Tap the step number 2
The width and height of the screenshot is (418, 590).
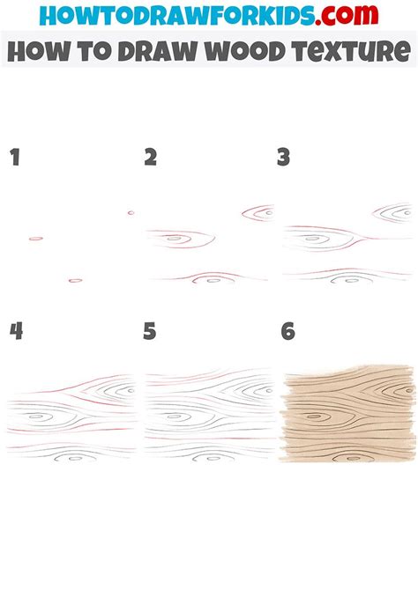tap(150, 159)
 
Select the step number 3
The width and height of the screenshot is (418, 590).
tap(283, 159)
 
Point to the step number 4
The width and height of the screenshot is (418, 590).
tap(15, 332)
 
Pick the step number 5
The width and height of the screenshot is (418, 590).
tap(150, 332)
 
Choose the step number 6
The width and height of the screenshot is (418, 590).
tap(287, 332)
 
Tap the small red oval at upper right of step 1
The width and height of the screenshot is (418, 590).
tap(131, 212)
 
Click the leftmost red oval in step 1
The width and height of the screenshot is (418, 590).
tap(36, 239)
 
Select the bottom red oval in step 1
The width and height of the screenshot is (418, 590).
tap(75, 280)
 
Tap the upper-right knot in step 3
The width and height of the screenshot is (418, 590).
tap(395, 211)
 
